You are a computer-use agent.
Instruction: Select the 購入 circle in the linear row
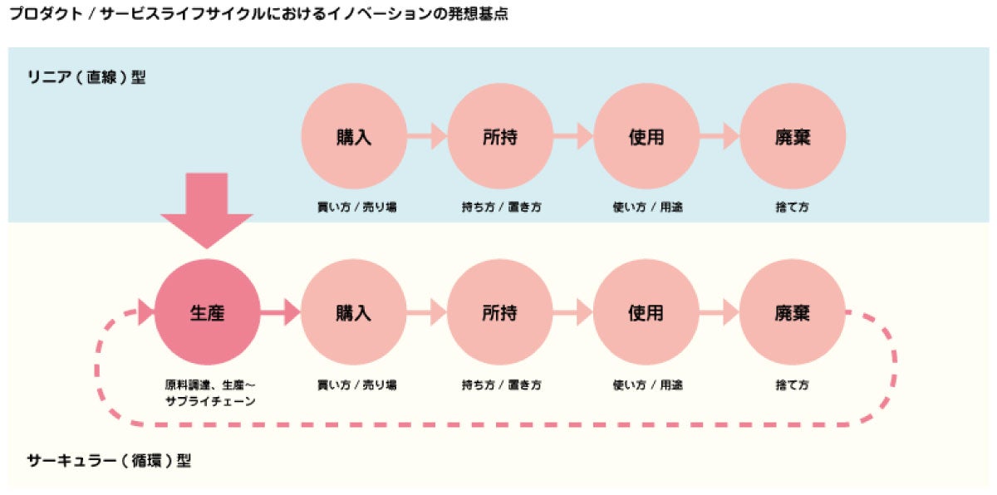(354, 136)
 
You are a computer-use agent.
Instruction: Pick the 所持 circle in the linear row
(500, 136)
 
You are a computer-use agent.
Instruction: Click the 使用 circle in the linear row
(646, 136)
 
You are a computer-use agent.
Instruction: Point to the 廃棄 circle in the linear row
(793, 136)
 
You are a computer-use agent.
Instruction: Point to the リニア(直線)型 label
(86, 78)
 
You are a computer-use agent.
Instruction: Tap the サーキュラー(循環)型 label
(109, 460)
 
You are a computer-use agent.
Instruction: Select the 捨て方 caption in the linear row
(792, 207)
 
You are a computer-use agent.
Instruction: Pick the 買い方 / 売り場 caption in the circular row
(356, 385)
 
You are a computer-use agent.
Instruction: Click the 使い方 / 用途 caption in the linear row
(647, 207)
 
